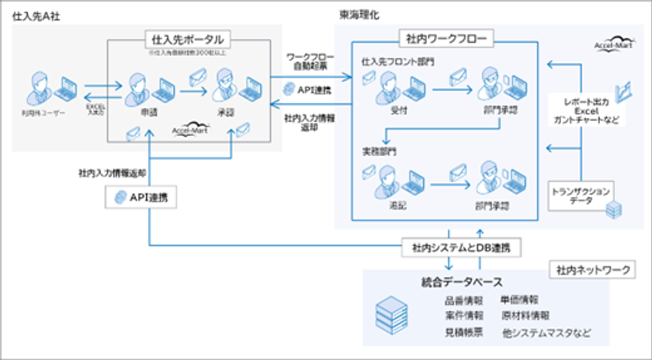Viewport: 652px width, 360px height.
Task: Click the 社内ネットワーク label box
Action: point(591,270)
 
